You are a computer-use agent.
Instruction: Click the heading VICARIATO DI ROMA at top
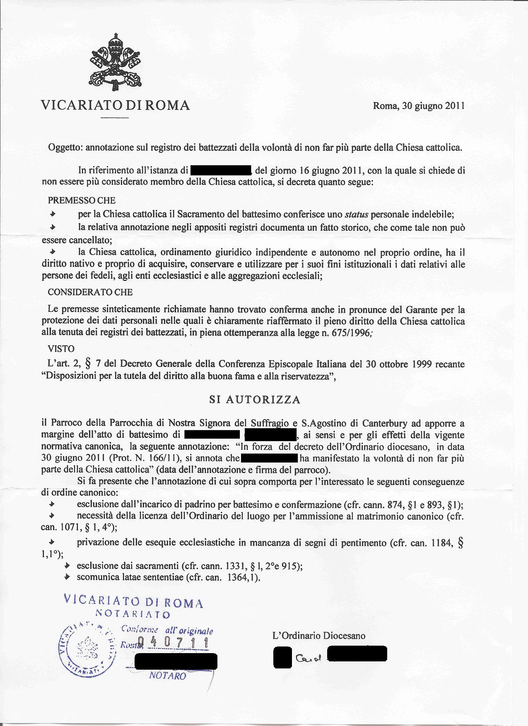(116, 105)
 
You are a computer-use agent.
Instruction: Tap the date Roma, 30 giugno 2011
(419, 106)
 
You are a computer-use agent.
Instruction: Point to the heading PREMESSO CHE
(82, 200)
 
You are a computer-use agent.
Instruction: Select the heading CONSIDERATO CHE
(90, 292)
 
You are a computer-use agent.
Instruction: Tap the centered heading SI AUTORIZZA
(255, 400)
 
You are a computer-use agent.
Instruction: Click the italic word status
(356, 215)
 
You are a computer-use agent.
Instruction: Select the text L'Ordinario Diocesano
(319, 636)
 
